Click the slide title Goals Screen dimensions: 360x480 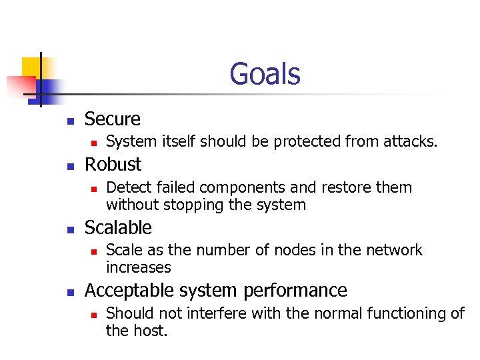click(265, 74)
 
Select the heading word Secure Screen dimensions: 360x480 click(113, 119)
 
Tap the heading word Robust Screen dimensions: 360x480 click(113, 164)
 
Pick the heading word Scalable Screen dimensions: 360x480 click(118, 227)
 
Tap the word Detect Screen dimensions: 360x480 click(127, 187)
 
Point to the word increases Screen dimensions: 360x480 click(138, 267)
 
